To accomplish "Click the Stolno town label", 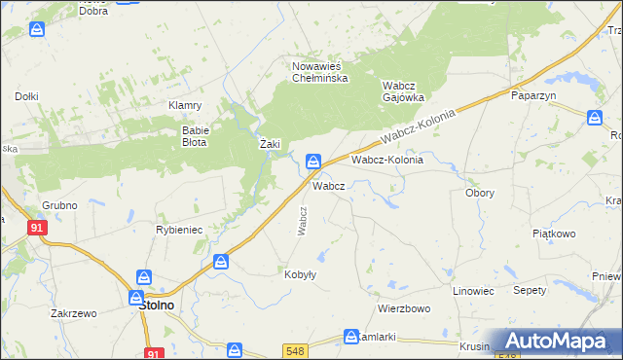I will pyautogui.click(x=150, y=305).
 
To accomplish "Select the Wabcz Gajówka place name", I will pyautogui.click(x=407, y=91).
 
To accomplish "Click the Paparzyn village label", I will pyautogui.click(x=532, y=96).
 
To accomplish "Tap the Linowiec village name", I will pyautogui.click(x=474, y=291).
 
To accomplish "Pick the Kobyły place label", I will pyautogui.click(x=300, y=274).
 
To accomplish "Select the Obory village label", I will pyautogui.click(x=480, y=193).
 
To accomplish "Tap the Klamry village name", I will pyautogui.click(x=185, y=105).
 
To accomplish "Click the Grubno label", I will pyautogui.click(x=59, y=205).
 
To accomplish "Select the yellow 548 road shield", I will pyautogui.click(x=297, y=350).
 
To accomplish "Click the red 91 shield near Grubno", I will pyautogui.click(x=37, y=227).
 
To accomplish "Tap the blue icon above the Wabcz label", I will pyautogui.click(x=314, y=161).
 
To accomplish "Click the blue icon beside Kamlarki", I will pyautogui.click(x=351, y=337).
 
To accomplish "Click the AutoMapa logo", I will pyautogui.click(x=558, y=341).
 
